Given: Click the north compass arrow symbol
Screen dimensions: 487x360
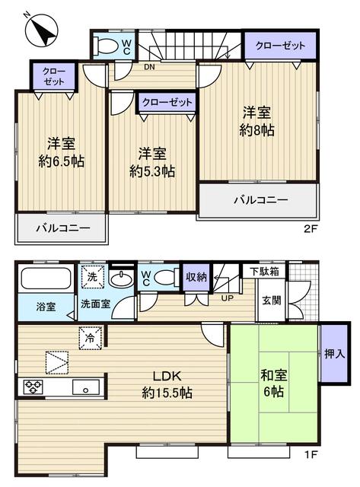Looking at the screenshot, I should tap(41, 30).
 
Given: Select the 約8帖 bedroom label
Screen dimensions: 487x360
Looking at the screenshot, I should tap(257, 121).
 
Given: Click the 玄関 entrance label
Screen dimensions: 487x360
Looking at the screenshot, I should tap(272, 299).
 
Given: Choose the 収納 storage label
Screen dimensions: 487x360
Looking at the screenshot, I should tap(196, 277).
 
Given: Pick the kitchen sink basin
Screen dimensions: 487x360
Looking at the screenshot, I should tap(85, 388).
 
